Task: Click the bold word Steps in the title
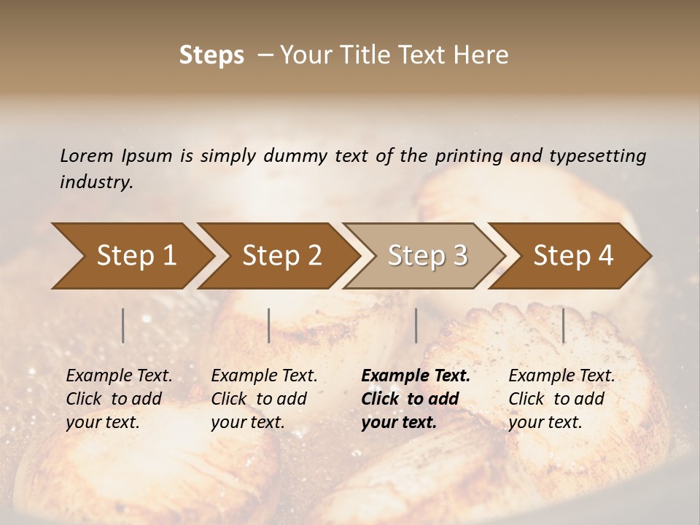point(211,55)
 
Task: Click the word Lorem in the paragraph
point(87,155)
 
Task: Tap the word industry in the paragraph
point(96,182)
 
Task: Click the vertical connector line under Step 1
point(123,325)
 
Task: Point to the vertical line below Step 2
point(269,325)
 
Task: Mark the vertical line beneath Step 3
point(416,325)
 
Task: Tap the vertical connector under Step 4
point(564,325)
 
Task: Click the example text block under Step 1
point(119,399)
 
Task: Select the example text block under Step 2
point(264,399)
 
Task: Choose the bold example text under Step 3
point(416,399)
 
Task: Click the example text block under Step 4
point(561,399)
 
